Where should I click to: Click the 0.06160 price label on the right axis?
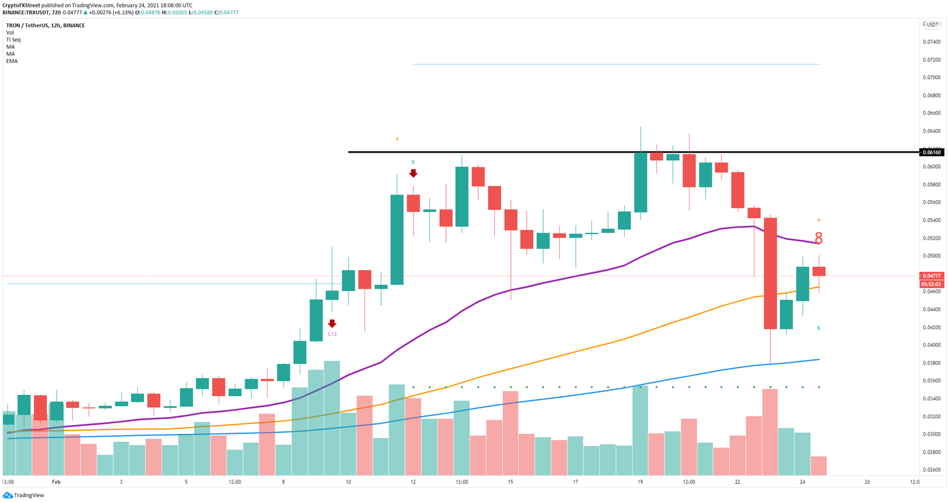[931, 152]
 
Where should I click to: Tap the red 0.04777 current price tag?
[931, 276]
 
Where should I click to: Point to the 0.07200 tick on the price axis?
[931, 60]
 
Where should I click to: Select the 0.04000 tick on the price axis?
[931, 345]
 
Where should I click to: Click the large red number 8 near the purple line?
[819, 239]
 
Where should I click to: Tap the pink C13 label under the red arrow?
[332, 334]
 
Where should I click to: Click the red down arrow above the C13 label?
[332, 323]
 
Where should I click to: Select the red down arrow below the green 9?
[413, 174]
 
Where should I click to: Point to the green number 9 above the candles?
[413, 163]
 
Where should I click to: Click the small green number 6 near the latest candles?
[819, 328]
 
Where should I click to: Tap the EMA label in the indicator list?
[12, 61]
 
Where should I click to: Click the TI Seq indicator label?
[13, 40]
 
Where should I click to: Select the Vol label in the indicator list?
[10, 33]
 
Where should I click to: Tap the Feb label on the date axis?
[56, 482]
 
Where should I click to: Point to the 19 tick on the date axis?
[640, 482]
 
